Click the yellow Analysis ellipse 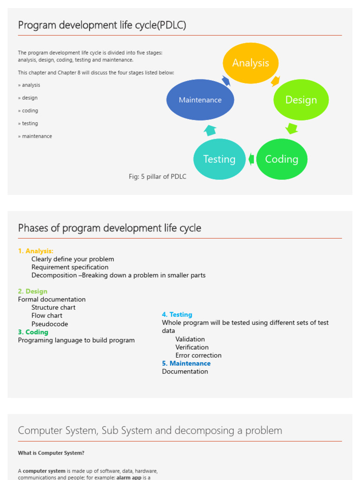(x=250, y=63)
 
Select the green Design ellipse (x=301, y=100)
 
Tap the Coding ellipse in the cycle (x=282, y=159)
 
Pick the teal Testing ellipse (x=219, y=159)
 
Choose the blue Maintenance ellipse (x=200, y=100)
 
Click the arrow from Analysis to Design (x=276, y=81)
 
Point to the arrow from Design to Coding (x=292, y=128)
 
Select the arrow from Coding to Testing (x=251, y=159)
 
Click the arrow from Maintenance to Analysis (x=226, y=81)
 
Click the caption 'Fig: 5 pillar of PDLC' (x=157, y=177)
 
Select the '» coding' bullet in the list (x=28, y=111)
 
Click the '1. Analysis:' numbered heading (x=36, y=251)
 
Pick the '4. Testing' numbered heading (x=177, y=315)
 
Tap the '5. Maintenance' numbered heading (x=186, y=363)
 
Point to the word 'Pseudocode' (x=50, y=324)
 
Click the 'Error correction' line (x=198, y=355)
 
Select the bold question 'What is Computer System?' (x=51, y=453)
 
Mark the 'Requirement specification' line (x=70, y=267)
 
